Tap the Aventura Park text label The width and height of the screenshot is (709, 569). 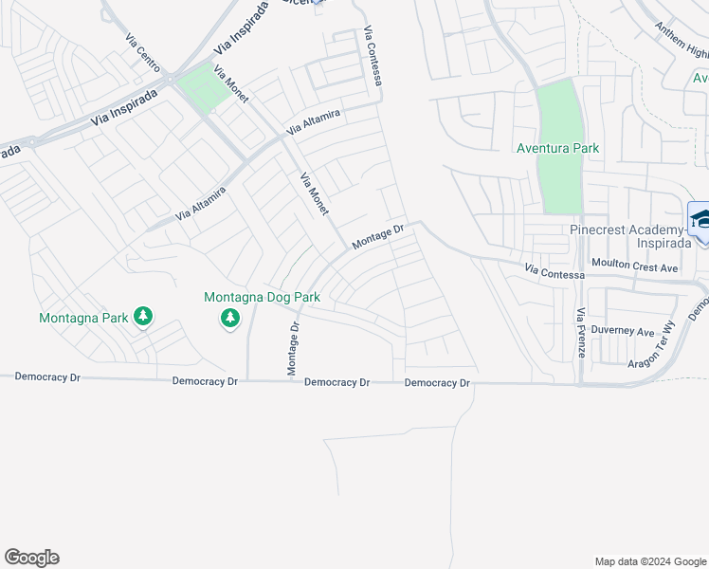(x=557, y=149)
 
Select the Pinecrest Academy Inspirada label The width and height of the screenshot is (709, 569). (x=627, y=237)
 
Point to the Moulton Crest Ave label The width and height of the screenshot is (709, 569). (x=634, y=268)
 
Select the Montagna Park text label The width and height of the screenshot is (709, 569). (x=83, y=318)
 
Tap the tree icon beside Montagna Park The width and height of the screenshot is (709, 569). (x=142, y=316)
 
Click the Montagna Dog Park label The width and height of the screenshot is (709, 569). (x=262, y=297)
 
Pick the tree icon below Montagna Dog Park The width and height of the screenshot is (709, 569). (x=229, y=320)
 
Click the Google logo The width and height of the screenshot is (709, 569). (x=31, y=558)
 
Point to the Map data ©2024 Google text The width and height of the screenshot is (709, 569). (x=649, y=561)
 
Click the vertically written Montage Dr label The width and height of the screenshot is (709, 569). (x=294, y=347)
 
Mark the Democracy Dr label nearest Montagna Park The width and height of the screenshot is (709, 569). (x=47, y=377)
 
